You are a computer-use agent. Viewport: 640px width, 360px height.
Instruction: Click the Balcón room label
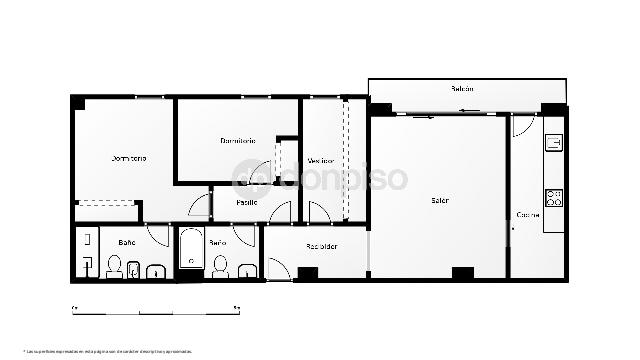[461, 89]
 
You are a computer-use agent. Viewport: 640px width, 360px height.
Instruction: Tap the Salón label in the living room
[440, 200]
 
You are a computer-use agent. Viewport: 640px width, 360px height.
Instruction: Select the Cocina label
[528, 214]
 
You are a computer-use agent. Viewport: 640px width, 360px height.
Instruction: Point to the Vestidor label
[321, 160]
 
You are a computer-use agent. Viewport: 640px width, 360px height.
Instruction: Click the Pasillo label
[247, 203]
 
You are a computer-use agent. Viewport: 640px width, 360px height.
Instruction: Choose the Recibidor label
[321, 246]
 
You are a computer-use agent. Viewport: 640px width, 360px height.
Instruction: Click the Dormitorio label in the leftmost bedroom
[129, 159]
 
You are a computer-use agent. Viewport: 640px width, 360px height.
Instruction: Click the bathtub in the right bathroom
[191, 249]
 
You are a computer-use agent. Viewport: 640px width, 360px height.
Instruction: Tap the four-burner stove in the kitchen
[553, 197]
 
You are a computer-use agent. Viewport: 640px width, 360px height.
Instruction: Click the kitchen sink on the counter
[553, 143]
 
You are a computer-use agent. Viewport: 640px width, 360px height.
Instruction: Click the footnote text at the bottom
[108, 350]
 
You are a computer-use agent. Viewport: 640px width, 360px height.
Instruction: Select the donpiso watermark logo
[320, 178]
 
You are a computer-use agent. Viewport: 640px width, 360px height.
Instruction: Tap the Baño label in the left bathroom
[127, 242]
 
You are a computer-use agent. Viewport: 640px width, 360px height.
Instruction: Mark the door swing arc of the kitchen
[521, 128]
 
